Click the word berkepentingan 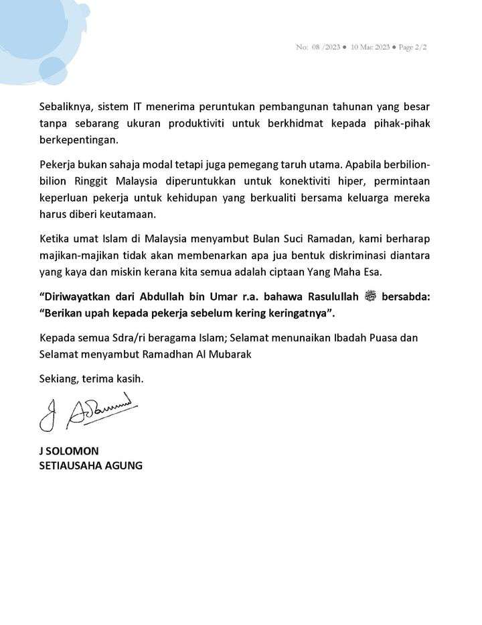click(78, 140)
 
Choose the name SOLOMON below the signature click(73, 451)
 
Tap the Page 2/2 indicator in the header click(412, 48)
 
